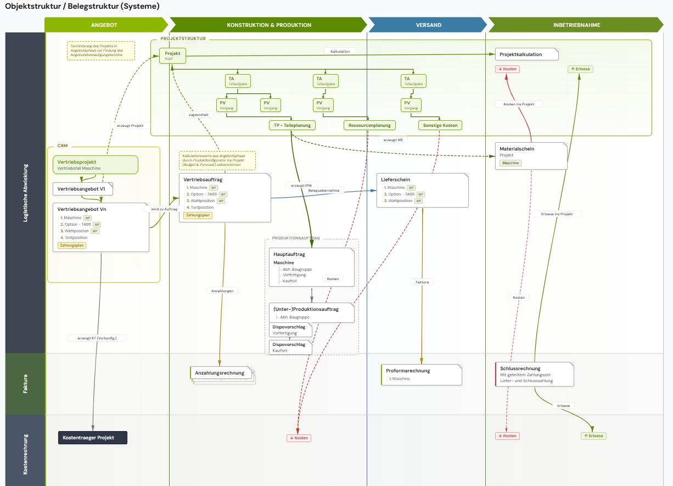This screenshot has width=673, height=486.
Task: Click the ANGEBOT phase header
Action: pyautogui.click(x=104, y=25)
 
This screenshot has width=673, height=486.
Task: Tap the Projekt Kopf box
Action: pyautogui.click(x=172, y=55)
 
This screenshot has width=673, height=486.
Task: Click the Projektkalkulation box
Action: pyautogui.click(x=526, y=54)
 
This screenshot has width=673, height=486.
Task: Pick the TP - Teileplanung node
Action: pyautogui.click(x=292, y=125)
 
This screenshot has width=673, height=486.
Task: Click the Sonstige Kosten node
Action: pyautogui.click(x=440, y=125)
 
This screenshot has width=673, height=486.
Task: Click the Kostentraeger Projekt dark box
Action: pyautogui.click(x=93, y=438)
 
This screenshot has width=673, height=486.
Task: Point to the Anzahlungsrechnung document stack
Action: pyautogui.click(x=222, y=373)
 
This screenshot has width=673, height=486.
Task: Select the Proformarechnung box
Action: pyautogui.click(x=421, y=375)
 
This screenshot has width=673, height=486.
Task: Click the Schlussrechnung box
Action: pyautogui.click(x=534, y=374)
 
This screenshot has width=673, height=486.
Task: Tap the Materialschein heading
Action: pyautogui.click(x=517, y=149)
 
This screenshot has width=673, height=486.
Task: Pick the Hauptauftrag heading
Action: pyautogui.click(x=289, y=254)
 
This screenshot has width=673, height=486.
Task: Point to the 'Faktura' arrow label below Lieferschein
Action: pyautogui.click(x=422, y=282)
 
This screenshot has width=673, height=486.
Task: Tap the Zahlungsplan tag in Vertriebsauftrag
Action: pyautogui.click(x=198, y=215)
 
